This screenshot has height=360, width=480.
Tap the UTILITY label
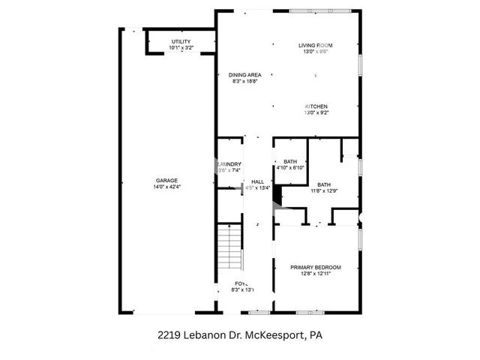(181, 41)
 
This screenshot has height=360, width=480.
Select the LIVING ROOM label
(315, 46)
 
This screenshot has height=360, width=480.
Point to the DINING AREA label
(244, 75)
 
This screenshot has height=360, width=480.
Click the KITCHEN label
(316, 106)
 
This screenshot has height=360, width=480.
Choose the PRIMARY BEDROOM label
(316, 268)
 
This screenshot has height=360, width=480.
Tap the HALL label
(257, 181)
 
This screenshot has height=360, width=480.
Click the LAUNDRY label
(229, 164)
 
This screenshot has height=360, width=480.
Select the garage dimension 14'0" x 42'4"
(168, 187)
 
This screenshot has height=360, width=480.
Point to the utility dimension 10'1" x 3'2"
(181, 48)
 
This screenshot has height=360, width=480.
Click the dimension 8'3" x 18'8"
(244, 82)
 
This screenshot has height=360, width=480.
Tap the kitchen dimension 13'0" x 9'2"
(316, 113)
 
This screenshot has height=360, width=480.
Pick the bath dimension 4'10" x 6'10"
(289, 168)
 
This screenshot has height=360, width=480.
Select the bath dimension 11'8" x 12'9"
(324, 191)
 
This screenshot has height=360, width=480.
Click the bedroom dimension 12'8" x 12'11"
(316, 274)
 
